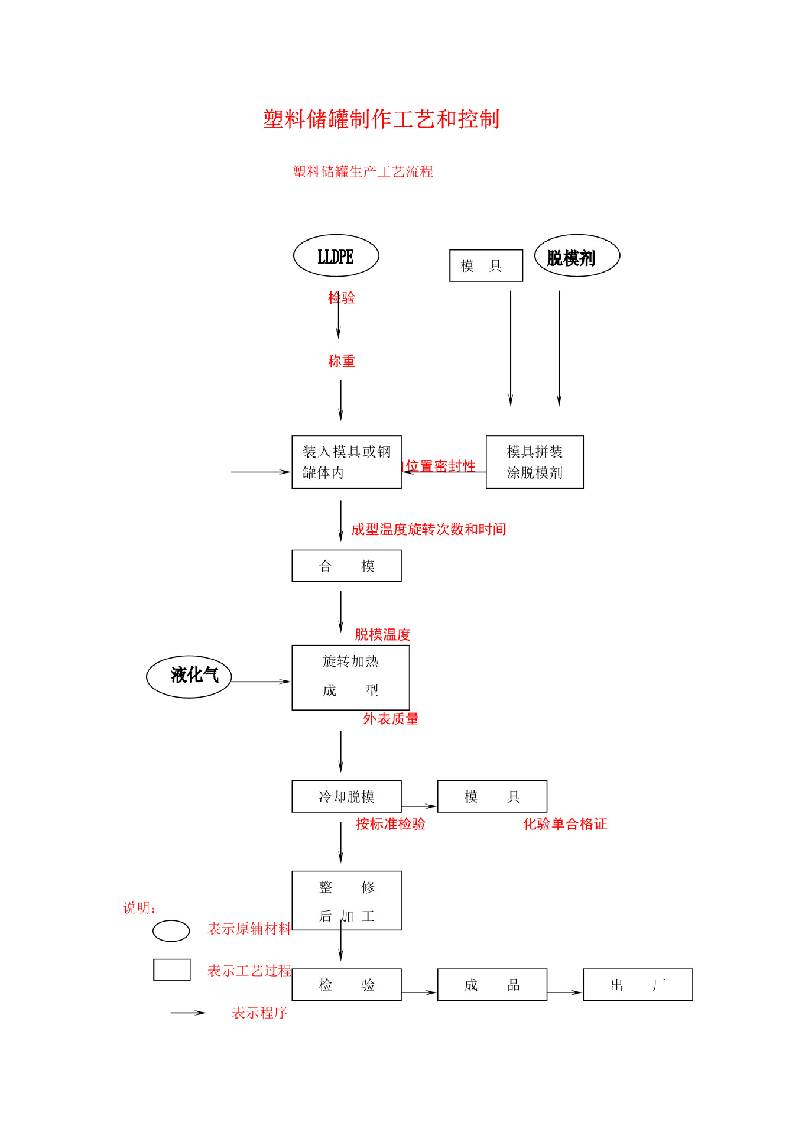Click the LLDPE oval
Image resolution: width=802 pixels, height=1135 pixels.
[336, 256]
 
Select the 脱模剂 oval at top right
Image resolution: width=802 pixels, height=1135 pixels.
[576, 256]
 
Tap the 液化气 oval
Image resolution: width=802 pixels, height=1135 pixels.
[189, 676]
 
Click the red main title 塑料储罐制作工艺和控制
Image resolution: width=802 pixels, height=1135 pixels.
[381, 119]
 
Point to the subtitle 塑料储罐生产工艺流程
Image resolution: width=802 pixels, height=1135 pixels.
[362, 171]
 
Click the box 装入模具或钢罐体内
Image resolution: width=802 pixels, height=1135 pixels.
[346, 462]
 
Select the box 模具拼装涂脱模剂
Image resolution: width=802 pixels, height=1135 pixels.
[534, 462]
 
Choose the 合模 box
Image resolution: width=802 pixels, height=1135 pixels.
[346, 566]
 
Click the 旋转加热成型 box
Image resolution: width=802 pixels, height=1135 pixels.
[350, 677]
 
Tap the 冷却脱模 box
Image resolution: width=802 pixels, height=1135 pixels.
[346, 796]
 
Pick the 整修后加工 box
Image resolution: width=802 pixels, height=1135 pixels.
[346, 900]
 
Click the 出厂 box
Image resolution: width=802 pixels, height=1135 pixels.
[637, 984]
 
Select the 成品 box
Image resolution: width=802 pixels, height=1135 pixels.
[492, 984]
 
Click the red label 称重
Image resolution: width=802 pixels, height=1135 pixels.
[342, 361]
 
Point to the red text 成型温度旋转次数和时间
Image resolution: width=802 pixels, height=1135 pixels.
[428, 529]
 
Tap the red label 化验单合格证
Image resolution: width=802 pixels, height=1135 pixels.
[565, 823]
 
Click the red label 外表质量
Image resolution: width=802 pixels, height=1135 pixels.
[391, 718]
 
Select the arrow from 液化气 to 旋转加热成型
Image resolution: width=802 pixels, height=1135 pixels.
[261, 682]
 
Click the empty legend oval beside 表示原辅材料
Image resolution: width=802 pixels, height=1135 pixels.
[171, 930]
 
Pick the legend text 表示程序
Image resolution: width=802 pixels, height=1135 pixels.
[259, 1013]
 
